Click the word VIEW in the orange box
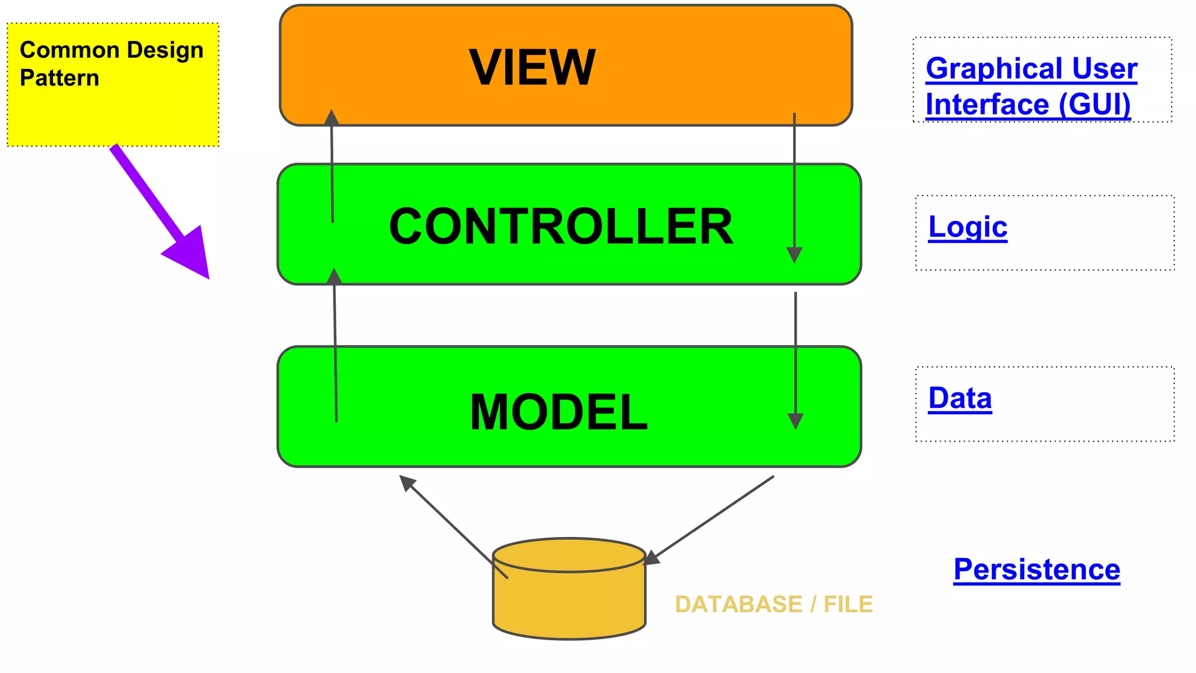click(532, 68)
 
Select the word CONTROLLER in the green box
click(561, 227)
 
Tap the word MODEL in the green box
click(558, 412)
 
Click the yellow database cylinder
click(569, 602)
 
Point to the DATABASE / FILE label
click(773, 604)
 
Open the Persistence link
click(1037, 569)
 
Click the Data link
click(960, 398)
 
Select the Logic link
click(968, 227)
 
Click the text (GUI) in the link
click(1094, 105)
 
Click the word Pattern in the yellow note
click(59, 78)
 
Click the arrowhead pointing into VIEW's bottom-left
click(332, 117)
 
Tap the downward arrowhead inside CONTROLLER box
click(794, 255)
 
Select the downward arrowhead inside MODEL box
click(795, 421)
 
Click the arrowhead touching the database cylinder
click(651, 558)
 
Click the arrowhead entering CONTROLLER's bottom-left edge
click(334, 276)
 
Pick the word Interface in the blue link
click(987, 105)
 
